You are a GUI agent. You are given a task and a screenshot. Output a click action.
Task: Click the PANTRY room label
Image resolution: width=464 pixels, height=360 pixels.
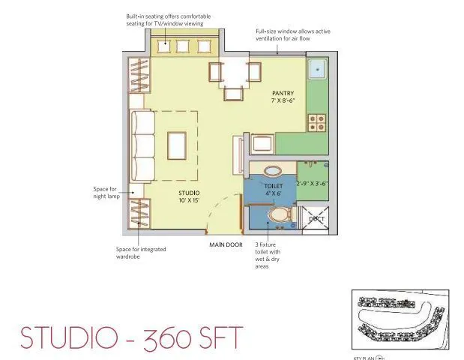283,93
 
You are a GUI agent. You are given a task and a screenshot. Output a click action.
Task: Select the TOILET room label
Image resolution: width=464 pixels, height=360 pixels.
272,184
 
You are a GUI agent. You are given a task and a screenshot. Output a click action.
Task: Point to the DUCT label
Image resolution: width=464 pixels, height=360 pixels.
316,219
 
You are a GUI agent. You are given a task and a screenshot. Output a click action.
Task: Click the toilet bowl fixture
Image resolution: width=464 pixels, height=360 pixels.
280,217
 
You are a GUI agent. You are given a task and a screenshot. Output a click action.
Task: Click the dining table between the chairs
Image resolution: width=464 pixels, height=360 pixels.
234,73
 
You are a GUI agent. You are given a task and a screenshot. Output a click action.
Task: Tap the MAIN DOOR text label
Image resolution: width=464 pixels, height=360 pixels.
226,245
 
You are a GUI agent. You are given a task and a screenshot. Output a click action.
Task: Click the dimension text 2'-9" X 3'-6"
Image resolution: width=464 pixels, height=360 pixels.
313,183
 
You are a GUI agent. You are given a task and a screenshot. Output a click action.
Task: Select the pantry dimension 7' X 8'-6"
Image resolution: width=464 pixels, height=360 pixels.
283,100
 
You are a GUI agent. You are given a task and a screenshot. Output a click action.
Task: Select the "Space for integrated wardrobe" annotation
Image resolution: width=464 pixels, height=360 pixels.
140,253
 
